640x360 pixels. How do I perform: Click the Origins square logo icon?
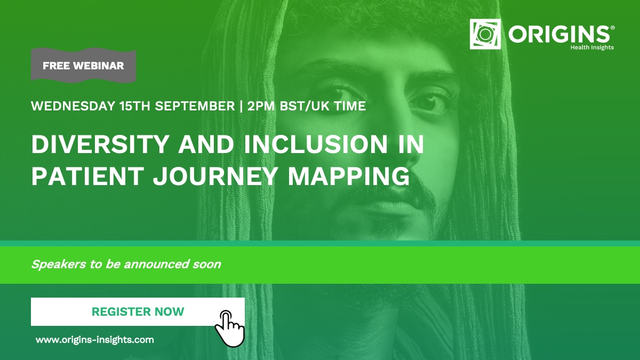tap(485, 34)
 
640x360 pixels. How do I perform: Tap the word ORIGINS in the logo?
tap(558, 34)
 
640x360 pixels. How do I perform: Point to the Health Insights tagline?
tap(592, 47)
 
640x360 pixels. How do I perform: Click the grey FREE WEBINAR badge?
tap(83, 66)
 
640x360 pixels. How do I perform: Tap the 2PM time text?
tap(261, 106)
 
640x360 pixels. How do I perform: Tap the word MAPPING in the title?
tap(349, 177)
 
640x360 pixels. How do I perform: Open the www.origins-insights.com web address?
tap(95, 340)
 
